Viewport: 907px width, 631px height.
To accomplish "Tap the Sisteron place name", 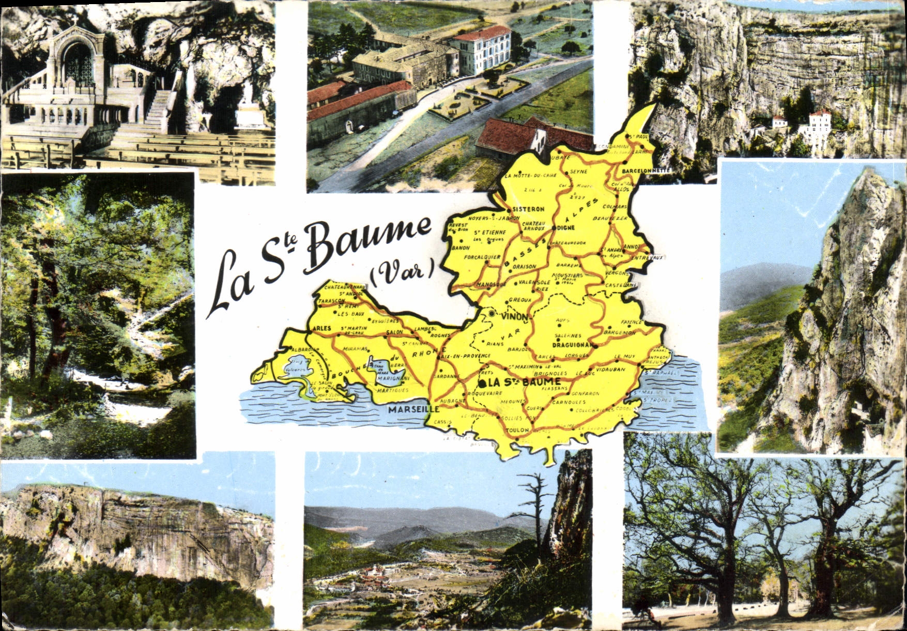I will (x=528, y=209).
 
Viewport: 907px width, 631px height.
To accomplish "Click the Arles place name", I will (x=321, y=328).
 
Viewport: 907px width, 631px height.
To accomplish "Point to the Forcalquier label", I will (x=482, y=257).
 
